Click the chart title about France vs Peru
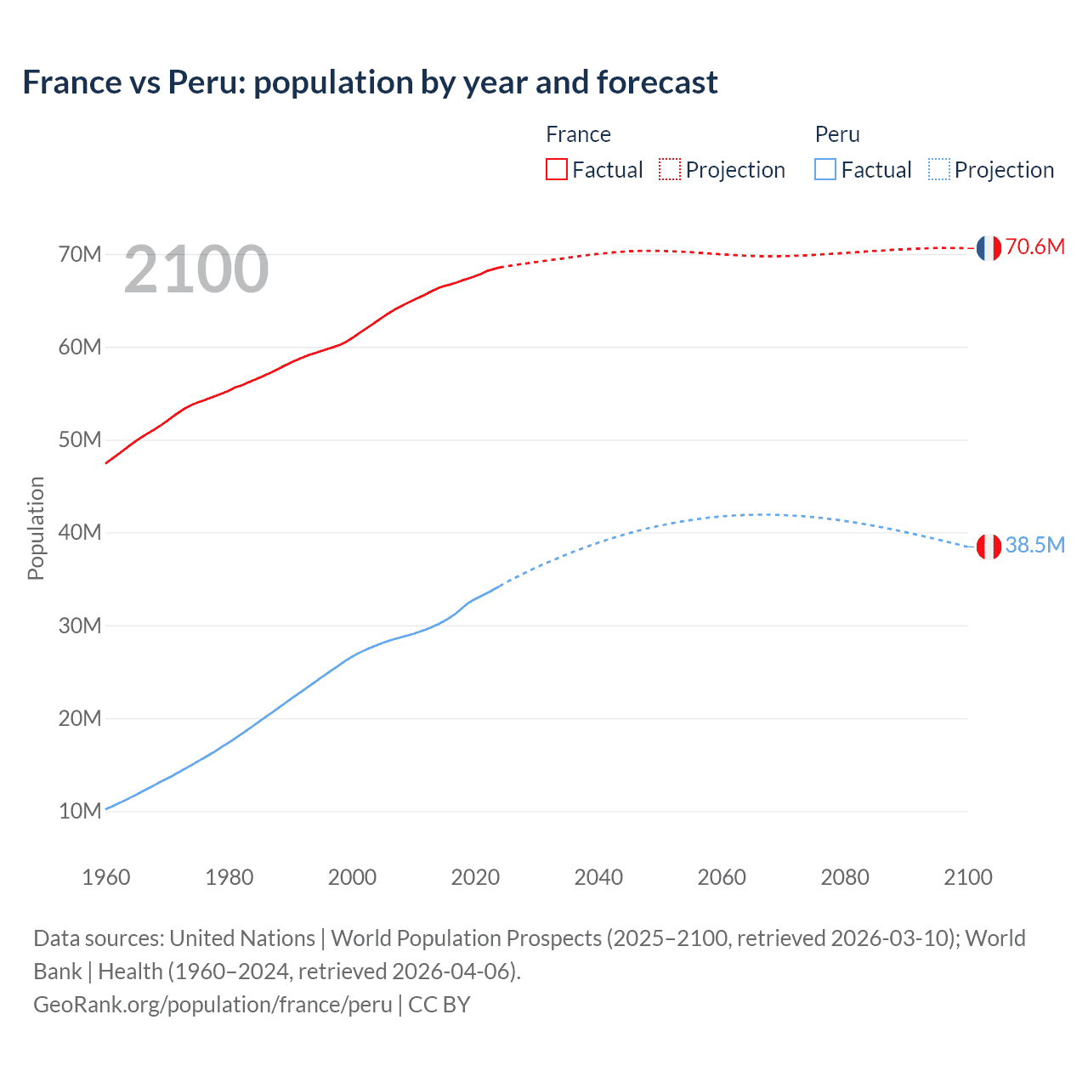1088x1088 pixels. pyautogui.click(x=370, y=82)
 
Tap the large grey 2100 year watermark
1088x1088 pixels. pyautogui.click(x=196, y=269)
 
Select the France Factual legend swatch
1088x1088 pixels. pyautogui.click(x=557, y=169)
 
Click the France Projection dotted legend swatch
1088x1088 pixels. pyautogui.click(x=670, y=169)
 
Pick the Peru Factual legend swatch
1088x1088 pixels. pyautogui.click(x=825, y=169)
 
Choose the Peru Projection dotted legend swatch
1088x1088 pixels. pyautogui.click(x=938, y=169)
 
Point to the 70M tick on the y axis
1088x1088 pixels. pyautogui.click(x=80, y=254)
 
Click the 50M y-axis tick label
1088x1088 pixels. pyautogui.click(x=80, y=440)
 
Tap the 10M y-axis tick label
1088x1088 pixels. pyautogui.click(x=80, y=811)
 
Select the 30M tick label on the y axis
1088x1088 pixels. pyautogui.click(x=80, y=626)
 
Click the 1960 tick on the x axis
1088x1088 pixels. pyautogui.click(x=106, y=877)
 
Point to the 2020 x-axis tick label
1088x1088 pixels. pyautogui.click(x=475, y=877)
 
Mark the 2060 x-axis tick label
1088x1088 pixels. pyautogui.click(x=722, y=877)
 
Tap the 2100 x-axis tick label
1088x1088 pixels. pyautogui.click(x=967, y=877)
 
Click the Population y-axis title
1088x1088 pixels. pyautogui.click(x=36, y=528)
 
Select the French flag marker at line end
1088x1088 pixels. pyautogui.click(x=989, y=247)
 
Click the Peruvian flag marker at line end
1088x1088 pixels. pyautogui.click(x=989, y=547)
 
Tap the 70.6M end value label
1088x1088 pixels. pyautogui.click(x=1034, y=247)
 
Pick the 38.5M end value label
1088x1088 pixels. pyautogui.click(x=1034, y=546)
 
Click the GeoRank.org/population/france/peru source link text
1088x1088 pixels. pyautogui.click(x=212, y=1005)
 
